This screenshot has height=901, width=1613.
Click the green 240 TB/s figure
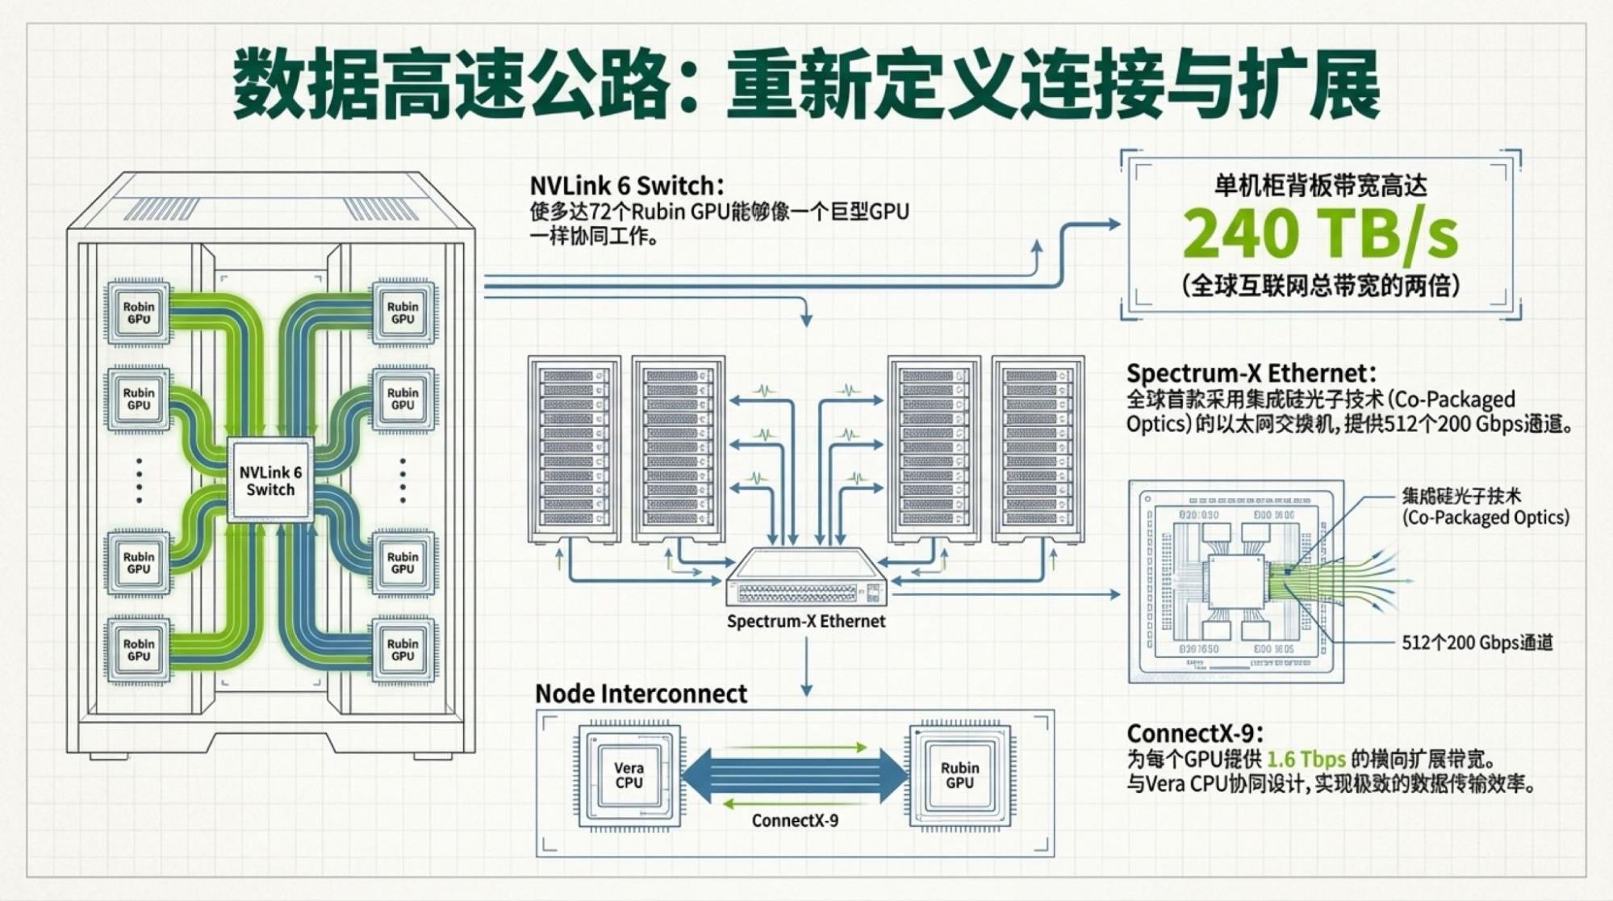click(1320, 233)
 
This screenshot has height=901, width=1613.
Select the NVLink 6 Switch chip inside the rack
click(270, 481)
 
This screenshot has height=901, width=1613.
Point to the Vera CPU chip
click(629, 775)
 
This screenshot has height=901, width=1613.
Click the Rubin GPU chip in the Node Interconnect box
click(959, 775)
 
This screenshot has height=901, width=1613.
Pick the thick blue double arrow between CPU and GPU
click(795, 775)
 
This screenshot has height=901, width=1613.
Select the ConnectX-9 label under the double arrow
click(795, 820)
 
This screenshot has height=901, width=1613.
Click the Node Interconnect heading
click(641, 694)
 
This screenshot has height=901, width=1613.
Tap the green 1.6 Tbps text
click(1306, 760)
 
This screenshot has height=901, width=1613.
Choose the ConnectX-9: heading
click(1194, 733)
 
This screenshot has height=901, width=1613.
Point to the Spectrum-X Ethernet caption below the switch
click(806, 622)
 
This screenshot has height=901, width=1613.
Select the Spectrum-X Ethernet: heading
click(1251, 373)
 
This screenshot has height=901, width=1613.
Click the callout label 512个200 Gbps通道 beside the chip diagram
click(1477, 643)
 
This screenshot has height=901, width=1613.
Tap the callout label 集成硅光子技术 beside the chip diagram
click(1460, 496)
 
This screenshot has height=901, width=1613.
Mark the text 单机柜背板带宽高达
click(1320, 186)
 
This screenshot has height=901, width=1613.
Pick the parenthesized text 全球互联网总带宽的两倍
click(1320, 285)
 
